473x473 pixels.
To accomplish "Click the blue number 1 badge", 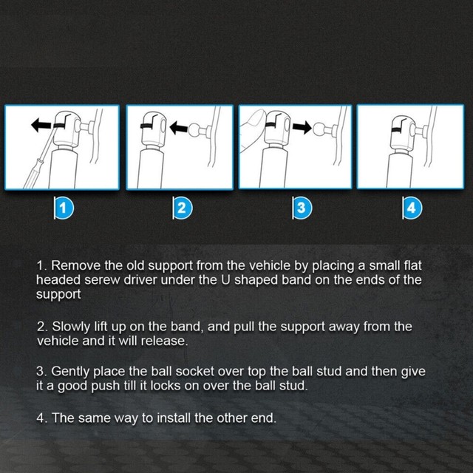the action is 64,208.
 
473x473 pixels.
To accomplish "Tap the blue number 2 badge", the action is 183,208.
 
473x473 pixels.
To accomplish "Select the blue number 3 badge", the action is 302,208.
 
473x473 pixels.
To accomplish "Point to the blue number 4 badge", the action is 412,208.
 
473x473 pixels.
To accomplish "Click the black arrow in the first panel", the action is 41,125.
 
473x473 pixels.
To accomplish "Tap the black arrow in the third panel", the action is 302,127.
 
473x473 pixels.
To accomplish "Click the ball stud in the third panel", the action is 319,129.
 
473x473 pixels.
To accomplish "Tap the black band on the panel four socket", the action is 399,130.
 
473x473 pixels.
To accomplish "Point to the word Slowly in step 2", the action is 71,327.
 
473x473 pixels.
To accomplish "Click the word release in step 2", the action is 164,341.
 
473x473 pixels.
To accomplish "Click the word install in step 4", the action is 174,418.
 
